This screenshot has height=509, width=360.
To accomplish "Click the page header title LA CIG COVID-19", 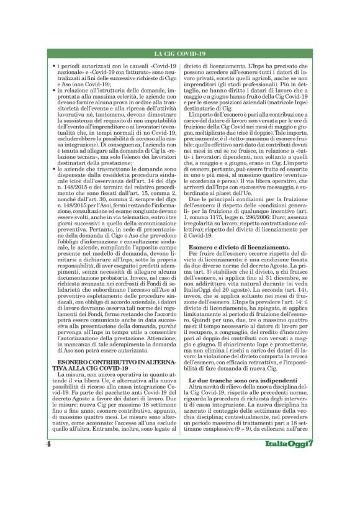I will (x=179, y=55).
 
